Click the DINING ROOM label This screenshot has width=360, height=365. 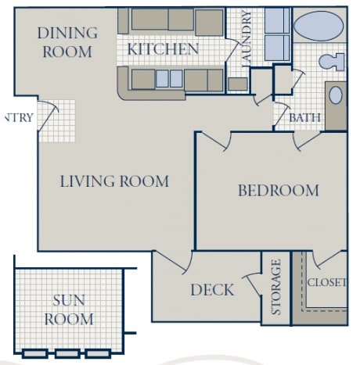pyautogui.click(x=68, y=42)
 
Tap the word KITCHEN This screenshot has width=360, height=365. pyautogui.click(x=163, y=49)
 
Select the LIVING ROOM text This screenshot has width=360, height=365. pyautogui.click(x=114, y=182)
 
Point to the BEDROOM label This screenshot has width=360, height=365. pyautogui.click(x=278, y=190)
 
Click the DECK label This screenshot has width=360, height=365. pyautogui.click(x=212, y=290)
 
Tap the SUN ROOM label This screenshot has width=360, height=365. pyautogui.click(x=68, y=310)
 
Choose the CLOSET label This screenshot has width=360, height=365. pyautogui.click(x=326, y=283)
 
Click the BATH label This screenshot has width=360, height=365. pyautogui.click(x=304, y=118)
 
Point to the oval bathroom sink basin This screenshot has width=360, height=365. pyautogui.click(x=335, y=96)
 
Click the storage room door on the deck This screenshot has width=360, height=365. pyautogui.click(x=252, y=283)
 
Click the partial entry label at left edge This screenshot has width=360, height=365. pyautogui.click(x=17, y=118)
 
